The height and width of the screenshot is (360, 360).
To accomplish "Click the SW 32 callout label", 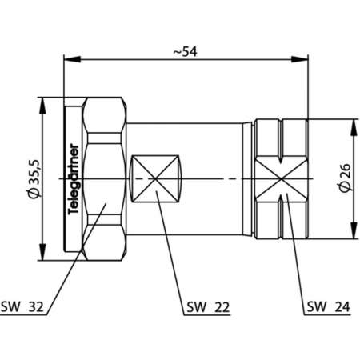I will pos(24,306).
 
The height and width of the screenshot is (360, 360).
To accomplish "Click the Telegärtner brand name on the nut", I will pos(74,179).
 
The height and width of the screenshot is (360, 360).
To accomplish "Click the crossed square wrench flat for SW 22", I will pos(154,178).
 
